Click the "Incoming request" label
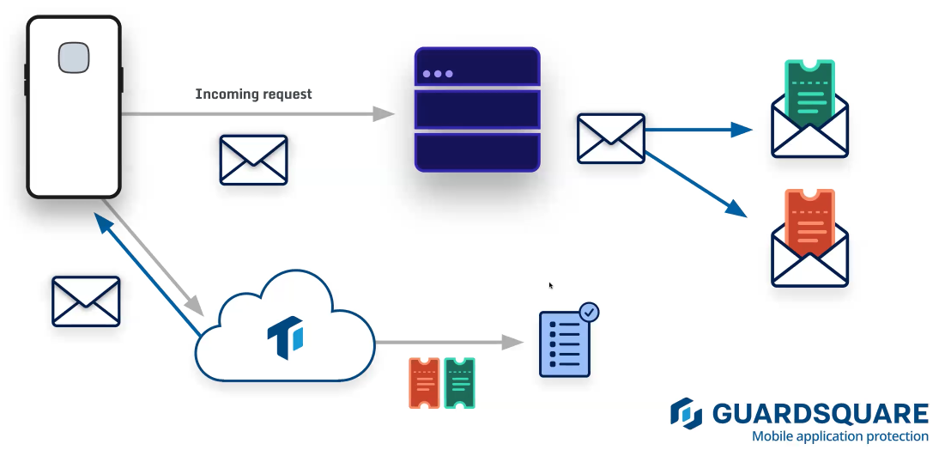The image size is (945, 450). [x=253, y=94]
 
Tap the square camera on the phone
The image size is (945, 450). [x=73, y=58]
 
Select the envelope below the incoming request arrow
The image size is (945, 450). [x=253, y=160]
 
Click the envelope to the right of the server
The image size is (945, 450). [x=610, y=137]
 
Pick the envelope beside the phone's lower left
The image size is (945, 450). [x=86, y=301]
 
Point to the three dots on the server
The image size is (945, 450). [x=438, y=74]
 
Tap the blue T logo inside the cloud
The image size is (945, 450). [x=285, y=337]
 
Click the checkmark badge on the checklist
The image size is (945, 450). [x=589, y=312]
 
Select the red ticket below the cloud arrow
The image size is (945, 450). [x=424, y=383]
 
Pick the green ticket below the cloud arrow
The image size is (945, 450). [x=459, y=383]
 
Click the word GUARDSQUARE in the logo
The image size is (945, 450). [x=820, y=414]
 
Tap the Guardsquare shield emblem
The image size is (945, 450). [x=687, y=413]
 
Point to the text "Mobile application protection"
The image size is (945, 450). [x=839, y=436]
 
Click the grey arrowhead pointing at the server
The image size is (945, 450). [x=384, y=113]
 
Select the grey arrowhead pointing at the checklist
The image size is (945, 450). [x=513, y=343]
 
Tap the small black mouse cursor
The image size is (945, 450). [x=551, y=286]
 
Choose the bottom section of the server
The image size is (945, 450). [x=477, y=152]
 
